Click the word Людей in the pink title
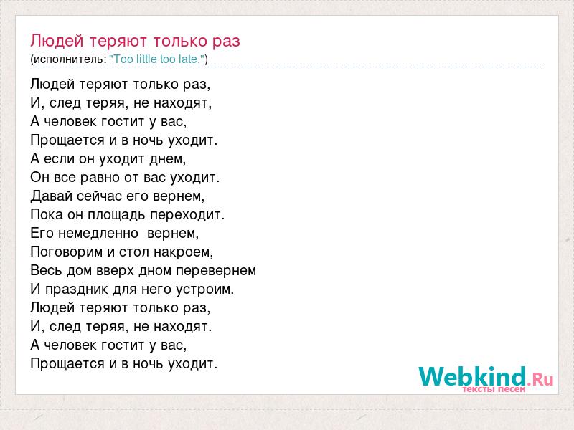click(x=57, y=41)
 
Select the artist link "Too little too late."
click(x=157, y=59)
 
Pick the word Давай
click(x=51, y=196)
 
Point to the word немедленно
click(x=98, y=234)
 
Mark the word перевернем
click(x=216, y=271)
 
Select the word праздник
click(x=77, y=290)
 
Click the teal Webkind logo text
click(x=472, y=376)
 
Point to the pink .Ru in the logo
click(x=540, y=379)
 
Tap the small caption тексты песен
click(x=494, y=389)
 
